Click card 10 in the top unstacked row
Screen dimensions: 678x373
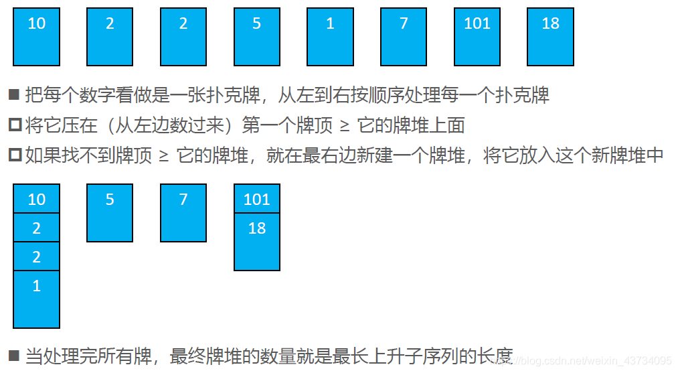[37, 37]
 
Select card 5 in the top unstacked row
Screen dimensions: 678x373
[257, 37]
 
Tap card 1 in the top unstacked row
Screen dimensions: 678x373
[330, 37]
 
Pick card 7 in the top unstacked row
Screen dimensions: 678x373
[404, 37]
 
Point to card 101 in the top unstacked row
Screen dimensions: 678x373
[477, 37]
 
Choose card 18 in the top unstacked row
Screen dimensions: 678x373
[550, 37]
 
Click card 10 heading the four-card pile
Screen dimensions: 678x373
[37, 199]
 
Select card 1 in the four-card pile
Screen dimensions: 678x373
[37, 299]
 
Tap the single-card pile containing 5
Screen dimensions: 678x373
[110, 212]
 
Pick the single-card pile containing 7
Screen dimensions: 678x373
[183, 212]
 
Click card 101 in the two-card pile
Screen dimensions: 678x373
[257, 199]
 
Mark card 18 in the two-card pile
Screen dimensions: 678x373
[257, 241]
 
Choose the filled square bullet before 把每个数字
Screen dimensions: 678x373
[14, 94]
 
